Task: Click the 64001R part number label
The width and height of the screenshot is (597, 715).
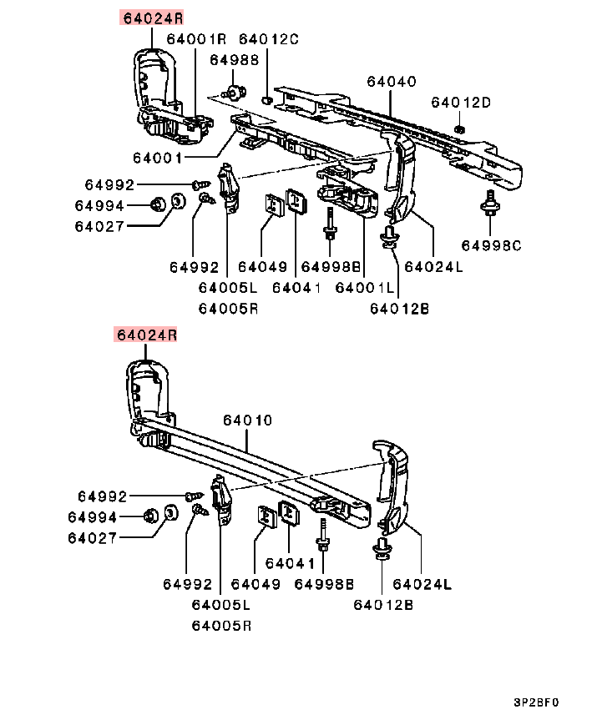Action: pyautogui.click(x=196, y=38)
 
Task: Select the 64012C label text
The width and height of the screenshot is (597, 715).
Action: pyautogui.click(x=269, y=39)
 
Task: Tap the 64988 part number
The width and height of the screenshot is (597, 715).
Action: pyautogui.click(x=234, y=60)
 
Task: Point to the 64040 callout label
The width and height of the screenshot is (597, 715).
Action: pyautogui.click(x=392, y=82)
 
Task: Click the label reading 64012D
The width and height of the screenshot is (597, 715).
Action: pyautogui.click(x=461, y=102)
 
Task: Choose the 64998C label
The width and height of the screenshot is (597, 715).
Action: pyautogui.click(x=491, y=245)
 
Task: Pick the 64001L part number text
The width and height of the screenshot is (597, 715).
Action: pyautogui.click(x=365, y=288)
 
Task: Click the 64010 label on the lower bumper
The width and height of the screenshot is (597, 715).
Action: pyautogui.click(x=247, y=420)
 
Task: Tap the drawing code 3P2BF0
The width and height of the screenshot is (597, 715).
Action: pyautogui.click(x=536, y=702)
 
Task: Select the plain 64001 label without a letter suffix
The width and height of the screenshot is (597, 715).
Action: pyautogui.click(x=158, y=158)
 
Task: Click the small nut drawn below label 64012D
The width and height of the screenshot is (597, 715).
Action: pyautogui.click(x=460, y=129)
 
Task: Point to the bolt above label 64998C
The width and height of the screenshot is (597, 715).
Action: pyautogui.click(x=490, y=204)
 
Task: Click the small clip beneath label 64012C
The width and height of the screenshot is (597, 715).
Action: pyautogui.click(x=267, y=99)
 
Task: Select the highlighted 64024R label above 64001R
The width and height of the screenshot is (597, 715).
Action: pyautogui.click(x=153, y=18)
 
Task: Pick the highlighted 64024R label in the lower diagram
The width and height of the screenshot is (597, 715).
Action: pyautogui.click(x=146, y=335)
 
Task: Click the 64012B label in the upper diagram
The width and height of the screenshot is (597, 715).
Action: pyautogui.click(x=399, y=309)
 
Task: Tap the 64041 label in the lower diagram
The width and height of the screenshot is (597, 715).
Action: pyautogui.click(x=290, y=564)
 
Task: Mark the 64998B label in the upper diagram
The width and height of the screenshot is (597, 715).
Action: pyautogui.click(x=331, y=266)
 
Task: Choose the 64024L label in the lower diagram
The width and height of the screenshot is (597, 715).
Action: pyautogui.click(x=422, y=584)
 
